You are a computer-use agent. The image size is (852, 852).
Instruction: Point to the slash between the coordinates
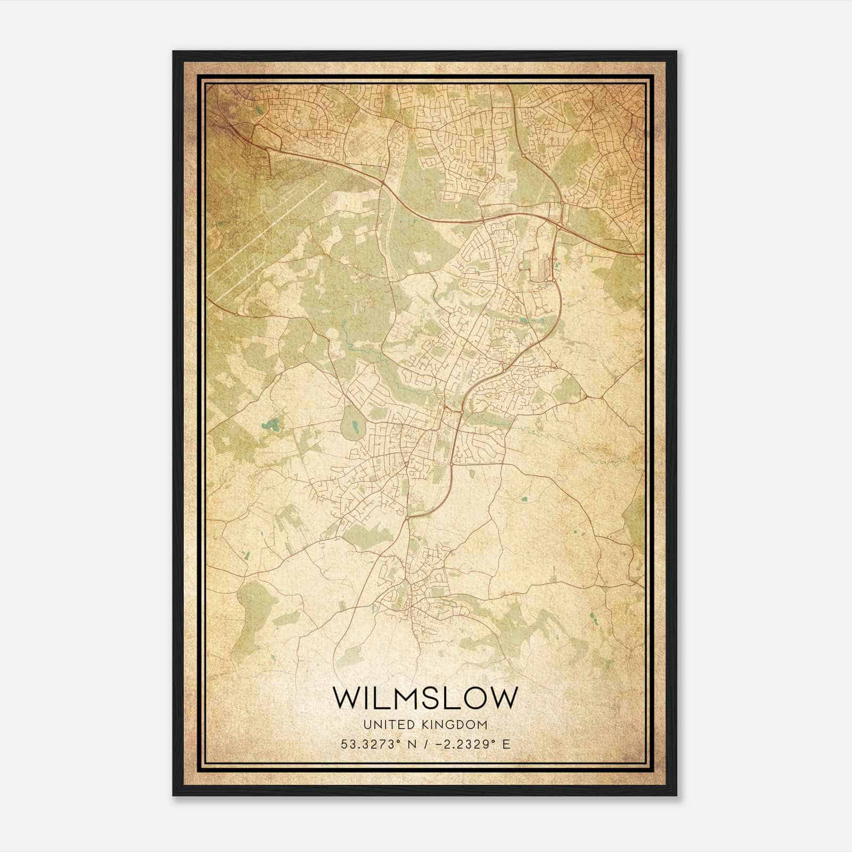pos(424,744)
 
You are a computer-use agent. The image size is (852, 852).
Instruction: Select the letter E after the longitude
pos(506,744)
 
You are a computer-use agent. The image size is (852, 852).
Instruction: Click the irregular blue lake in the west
pos(273,424)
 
